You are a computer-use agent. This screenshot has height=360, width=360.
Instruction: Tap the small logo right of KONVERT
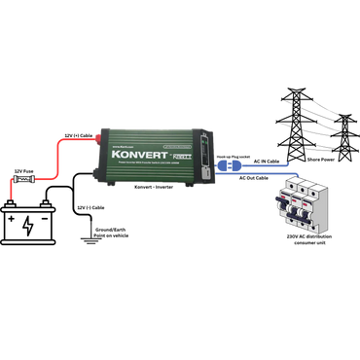(x=185, y=150)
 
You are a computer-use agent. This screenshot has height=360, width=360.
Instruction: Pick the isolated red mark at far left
(x=9, y=186)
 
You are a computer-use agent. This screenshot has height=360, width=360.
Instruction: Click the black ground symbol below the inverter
(x=89, y=234)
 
